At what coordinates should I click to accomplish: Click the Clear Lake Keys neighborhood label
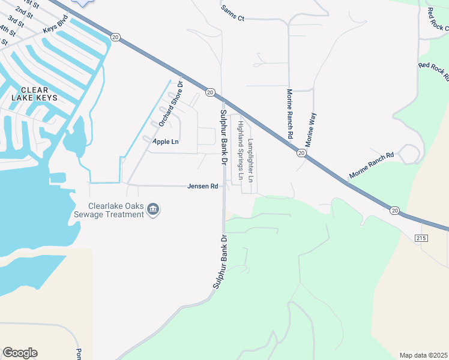[35, 94]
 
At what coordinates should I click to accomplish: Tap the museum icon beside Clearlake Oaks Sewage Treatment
[153, 209]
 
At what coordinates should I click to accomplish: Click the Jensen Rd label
[202, 187]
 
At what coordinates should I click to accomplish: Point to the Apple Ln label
[166, 142]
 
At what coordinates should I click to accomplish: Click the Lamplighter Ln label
[250, 160]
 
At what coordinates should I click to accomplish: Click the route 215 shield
[420, 238]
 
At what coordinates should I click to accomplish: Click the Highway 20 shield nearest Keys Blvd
[116, 37]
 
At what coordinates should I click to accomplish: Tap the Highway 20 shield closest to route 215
[394, 210]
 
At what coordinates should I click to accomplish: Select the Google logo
[20, 353]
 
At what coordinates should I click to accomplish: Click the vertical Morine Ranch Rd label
[289, 114]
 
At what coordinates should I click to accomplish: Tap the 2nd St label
[24, 12]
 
